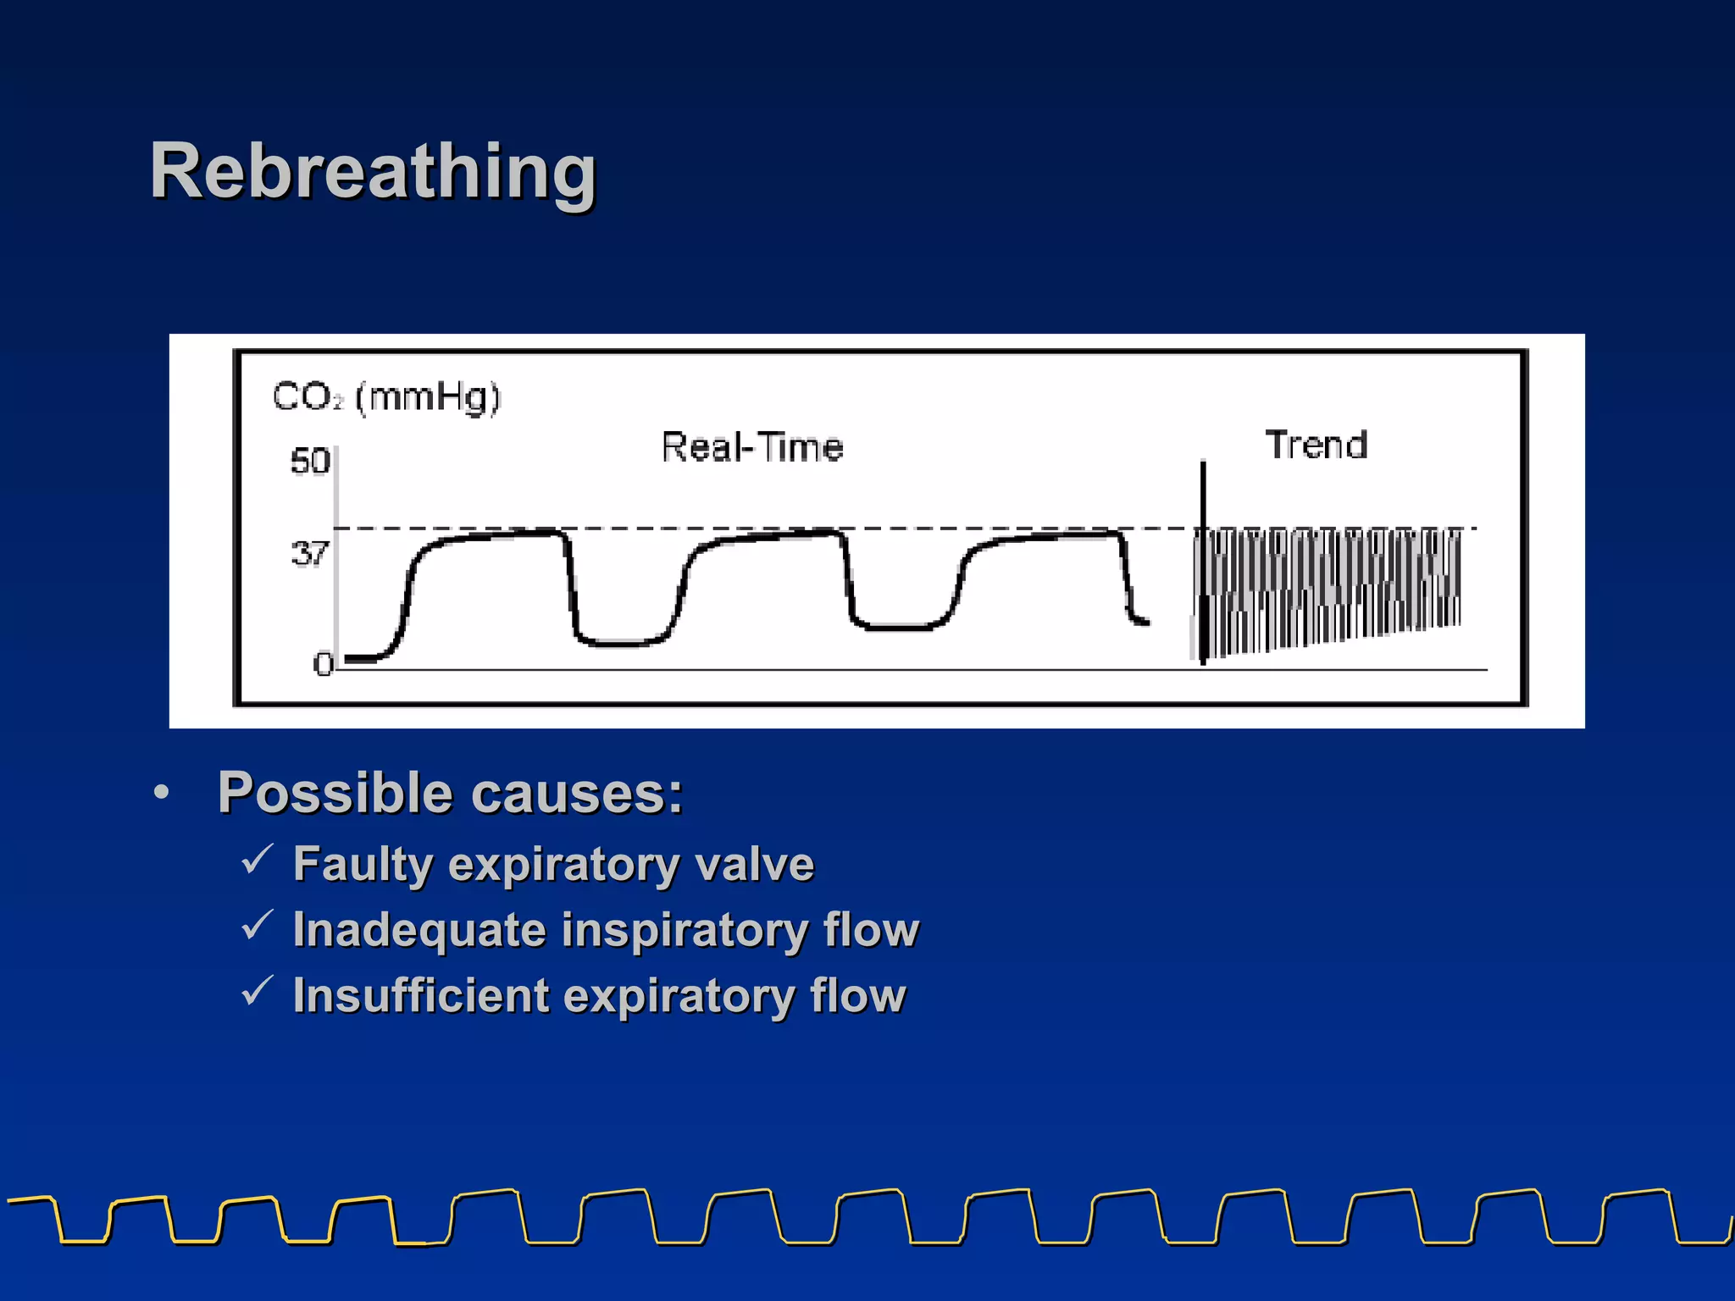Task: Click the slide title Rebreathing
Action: (x=373, y=172)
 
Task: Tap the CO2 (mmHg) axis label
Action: (x=386, y=396)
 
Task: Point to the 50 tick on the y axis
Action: (x=309, y=462)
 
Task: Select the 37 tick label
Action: (x=309, y=554)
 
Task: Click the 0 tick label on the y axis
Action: (x=323, y=663)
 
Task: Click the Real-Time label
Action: (x=752, y=447)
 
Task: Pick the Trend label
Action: (x=1316, y=445)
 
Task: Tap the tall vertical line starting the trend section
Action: (x=1203, y=559)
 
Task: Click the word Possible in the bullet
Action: (x=335, y=793)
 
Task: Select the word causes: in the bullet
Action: (x=576, y=794)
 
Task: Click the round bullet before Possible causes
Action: (x=161, y=793)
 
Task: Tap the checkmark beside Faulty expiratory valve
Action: (x=256, y=860)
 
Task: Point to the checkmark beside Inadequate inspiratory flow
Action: (x=256, y=925)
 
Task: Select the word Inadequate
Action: (x=419, y=930)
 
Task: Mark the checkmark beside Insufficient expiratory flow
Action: (x=256, y=990)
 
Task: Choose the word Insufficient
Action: (x=421, y=995)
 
